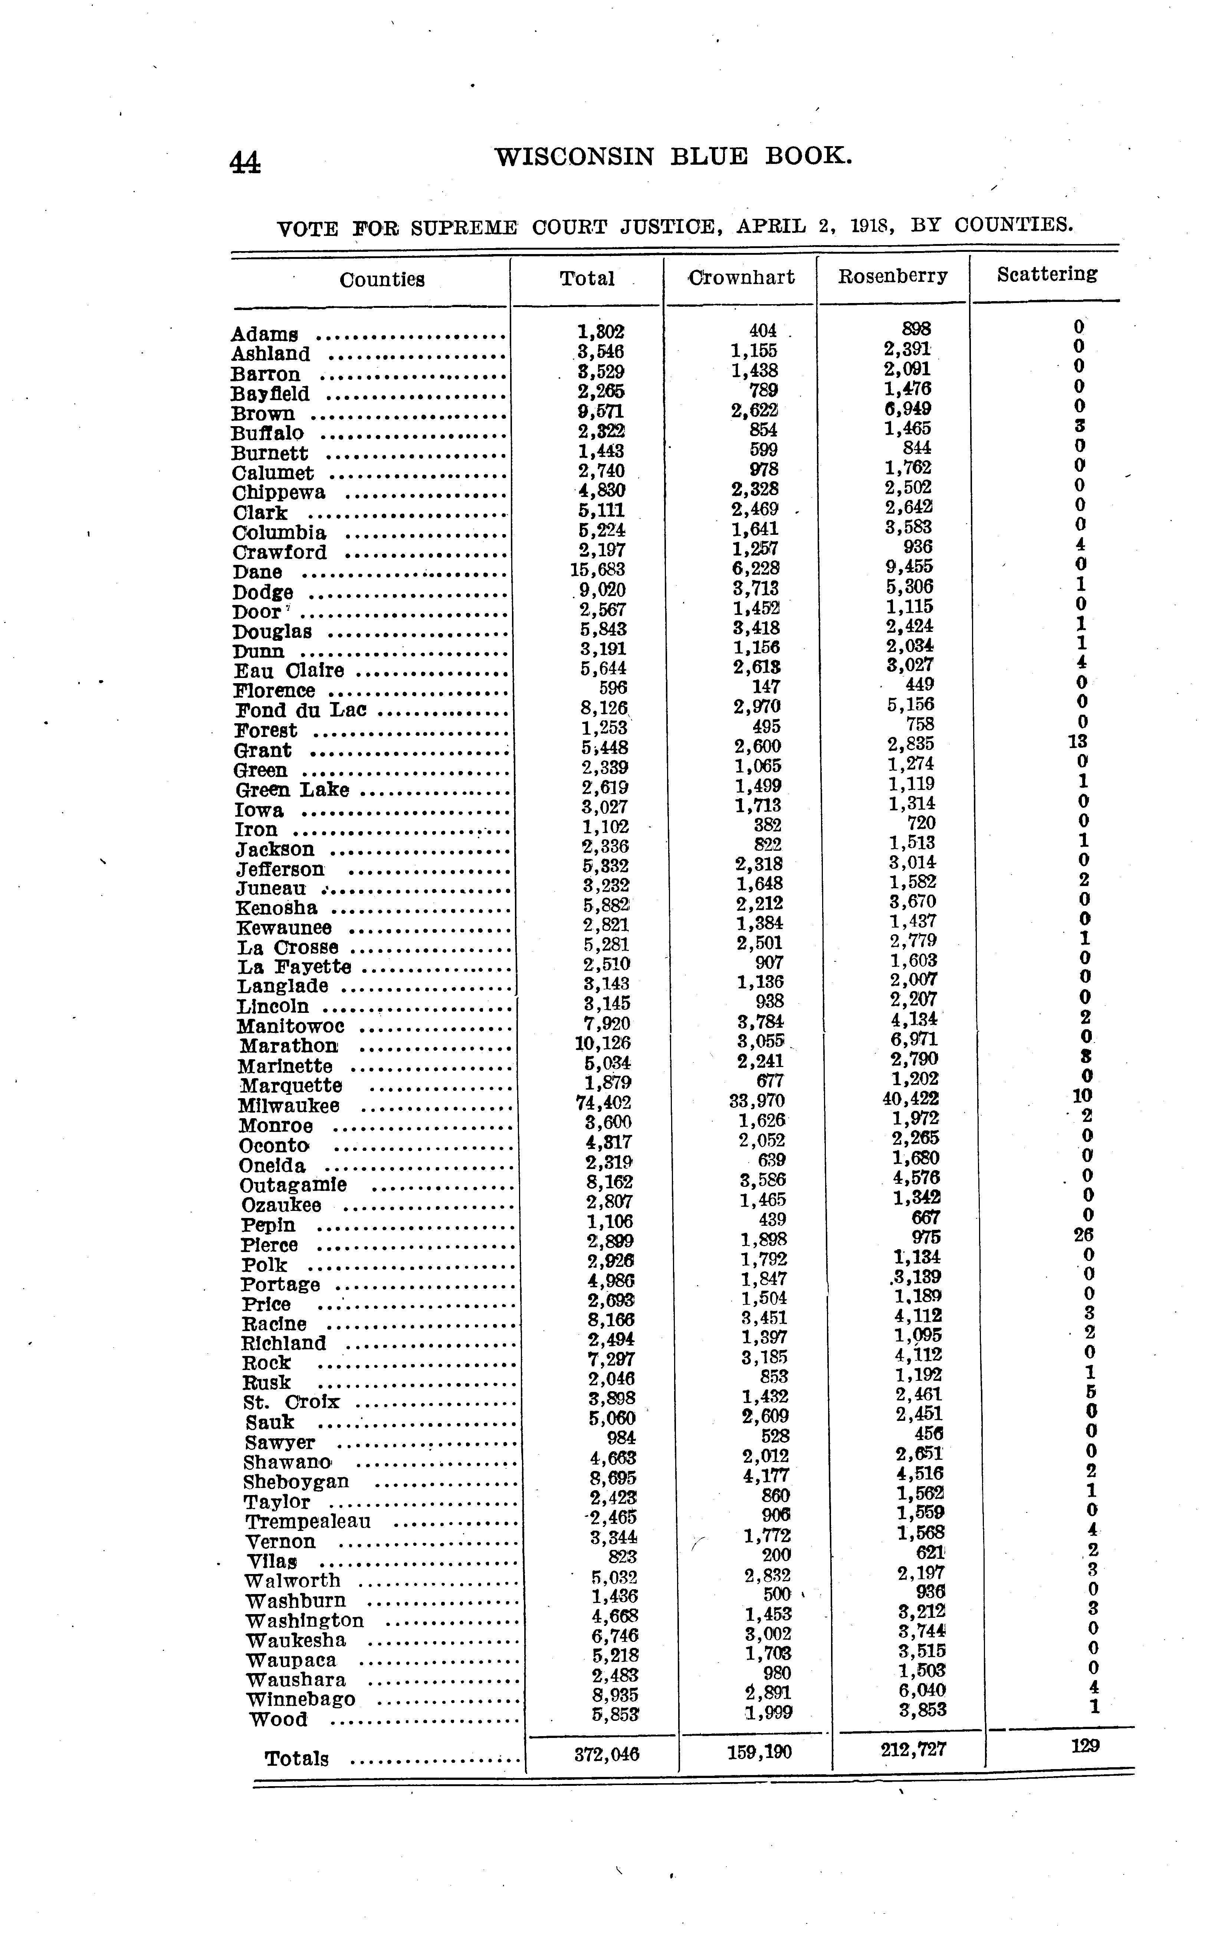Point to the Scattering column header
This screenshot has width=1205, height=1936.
(x=1047, y=274)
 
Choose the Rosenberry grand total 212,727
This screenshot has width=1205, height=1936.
(x=913, y=1749)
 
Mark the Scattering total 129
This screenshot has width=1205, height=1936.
(x=1085, y=1746)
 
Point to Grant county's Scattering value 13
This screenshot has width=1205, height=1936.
(x=1077, y=742)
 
